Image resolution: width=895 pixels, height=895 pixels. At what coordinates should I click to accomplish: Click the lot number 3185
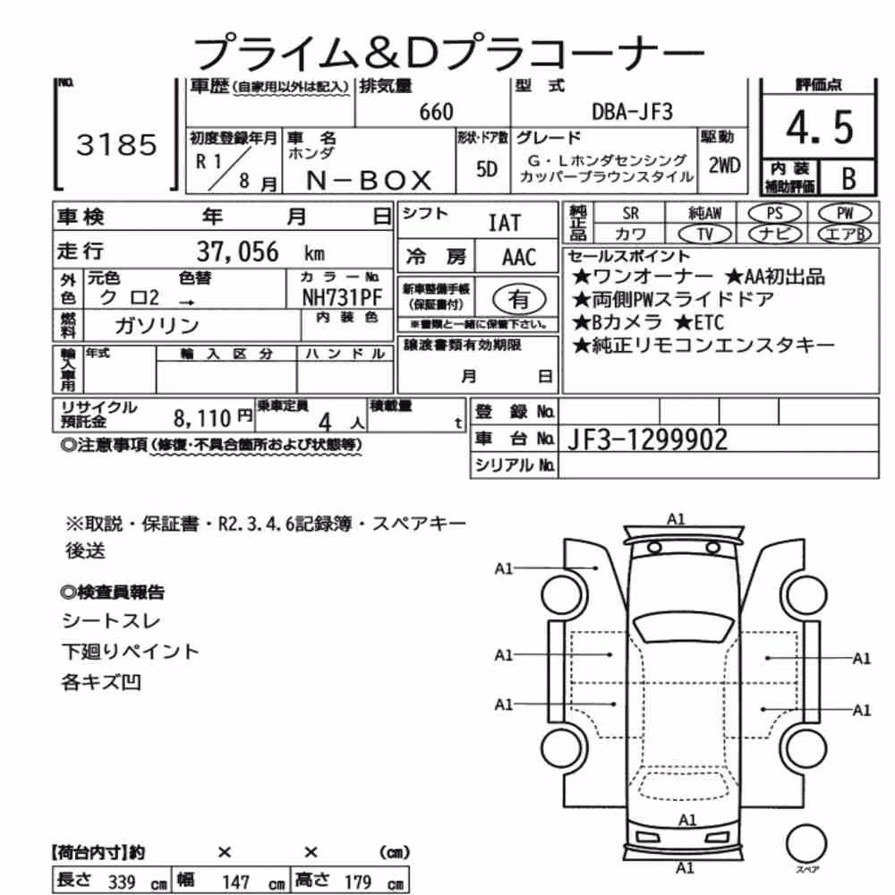pyautogui.click(x=116, y=145)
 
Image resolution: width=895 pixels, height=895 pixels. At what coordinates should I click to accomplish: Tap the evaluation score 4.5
pyautogui.click(x=819, y=127)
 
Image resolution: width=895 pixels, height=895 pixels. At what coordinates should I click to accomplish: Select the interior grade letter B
pyautogui.click(x=848, y=178)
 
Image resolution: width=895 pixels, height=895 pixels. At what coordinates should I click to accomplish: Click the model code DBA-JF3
pyautogui.click(x=633, y=111)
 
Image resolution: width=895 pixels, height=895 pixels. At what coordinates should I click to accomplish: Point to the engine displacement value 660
pyautogui.click(x=436, y=112)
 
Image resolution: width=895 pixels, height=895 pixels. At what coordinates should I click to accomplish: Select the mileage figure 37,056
pyautogui.click(x=237, y=251)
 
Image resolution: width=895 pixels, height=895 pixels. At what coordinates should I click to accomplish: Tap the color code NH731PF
pyautogui.click(x=342, y=297)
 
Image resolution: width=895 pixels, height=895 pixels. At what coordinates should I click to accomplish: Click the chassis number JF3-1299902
pyautogui.click(x=647, y=439)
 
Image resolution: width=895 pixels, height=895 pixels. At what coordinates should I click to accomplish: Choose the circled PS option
pyautogui.click(x=774, y=214)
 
